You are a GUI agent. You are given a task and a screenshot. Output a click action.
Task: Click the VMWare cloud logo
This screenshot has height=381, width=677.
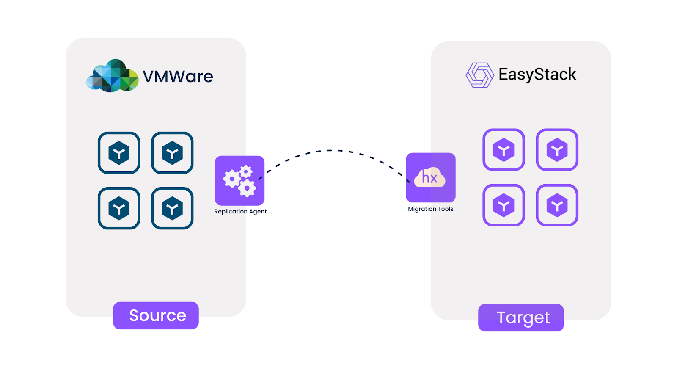pos(112,76)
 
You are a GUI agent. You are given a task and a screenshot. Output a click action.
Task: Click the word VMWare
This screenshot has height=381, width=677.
pos(178,77)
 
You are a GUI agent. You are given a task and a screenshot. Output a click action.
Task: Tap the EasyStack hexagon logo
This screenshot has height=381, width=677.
pos(479,75)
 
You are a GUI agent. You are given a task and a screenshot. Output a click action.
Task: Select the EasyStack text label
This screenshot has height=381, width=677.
pos(537,75)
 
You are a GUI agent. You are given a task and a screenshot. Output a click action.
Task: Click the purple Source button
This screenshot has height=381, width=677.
pos(156,315)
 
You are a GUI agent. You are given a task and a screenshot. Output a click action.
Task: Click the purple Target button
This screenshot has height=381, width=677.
pos(521,317)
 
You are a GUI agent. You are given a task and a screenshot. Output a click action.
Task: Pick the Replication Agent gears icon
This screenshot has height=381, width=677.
pos(239,181)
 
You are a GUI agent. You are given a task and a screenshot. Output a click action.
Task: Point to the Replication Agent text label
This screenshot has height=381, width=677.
pos(240,212)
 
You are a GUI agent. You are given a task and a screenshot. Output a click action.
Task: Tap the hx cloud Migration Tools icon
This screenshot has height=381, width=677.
pos(430,177)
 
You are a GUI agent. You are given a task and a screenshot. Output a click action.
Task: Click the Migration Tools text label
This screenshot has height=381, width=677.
pos(430,209)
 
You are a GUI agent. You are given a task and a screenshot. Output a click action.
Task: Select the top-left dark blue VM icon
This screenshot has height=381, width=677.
pos(119,153)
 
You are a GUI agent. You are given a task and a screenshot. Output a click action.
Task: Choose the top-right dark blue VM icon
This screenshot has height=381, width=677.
pos(172,153)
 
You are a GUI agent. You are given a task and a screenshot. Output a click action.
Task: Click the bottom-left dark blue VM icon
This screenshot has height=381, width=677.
pos(119,208)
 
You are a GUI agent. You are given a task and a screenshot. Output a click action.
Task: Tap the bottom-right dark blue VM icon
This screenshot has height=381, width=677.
pos(172,208)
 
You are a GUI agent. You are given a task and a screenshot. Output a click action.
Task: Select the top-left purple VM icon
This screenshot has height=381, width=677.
pos(504,150)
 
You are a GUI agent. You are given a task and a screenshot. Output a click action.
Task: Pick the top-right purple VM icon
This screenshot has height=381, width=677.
pos(557,150)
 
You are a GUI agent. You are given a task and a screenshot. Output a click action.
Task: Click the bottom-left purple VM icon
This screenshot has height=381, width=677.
pos(504,205)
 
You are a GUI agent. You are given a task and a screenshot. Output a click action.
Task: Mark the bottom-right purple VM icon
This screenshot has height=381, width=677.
pos(557,205)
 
